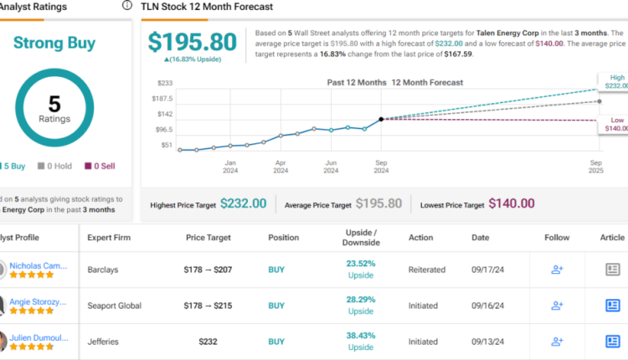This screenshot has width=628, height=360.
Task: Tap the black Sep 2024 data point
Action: (381, 120)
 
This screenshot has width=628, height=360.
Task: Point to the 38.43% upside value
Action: (362, 336)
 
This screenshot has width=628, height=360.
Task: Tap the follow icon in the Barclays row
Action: (556, 270)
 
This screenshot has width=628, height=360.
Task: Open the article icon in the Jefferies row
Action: (612, 342)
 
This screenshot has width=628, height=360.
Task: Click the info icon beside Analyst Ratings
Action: (126, 5)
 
